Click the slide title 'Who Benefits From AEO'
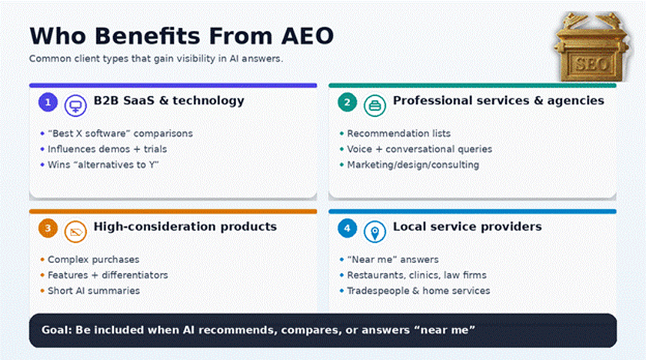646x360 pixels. (x=181, y=35)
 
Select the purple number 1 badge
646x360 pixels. (x=48, y=102)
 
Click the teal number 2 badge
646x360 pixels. (x=348, y=102)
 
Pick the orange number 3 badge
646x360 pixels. (x=48, y=228)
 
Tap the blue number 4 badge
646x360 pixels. (x=348, y=228)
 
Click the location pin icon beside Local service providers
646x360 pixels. (x=375, y=231)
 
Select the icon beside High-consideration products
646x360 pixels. (x=75, y=231)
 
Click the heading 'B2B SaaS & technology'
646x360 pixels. (x=169, y=101)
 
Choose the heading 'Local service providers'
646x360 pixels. (x=467, y=227)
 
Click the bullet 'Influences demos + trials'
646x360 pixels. (x=107, y=149)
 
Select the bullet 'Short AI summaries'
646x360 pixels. (x=94, y=291)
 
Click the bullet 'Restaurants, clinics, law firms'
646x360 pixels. (x=416, y=275)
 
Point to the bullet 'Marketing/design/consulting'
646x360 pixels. (x=412, y=165)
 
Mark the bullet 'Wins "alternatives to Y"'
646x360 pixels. (x=102, y=165)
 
